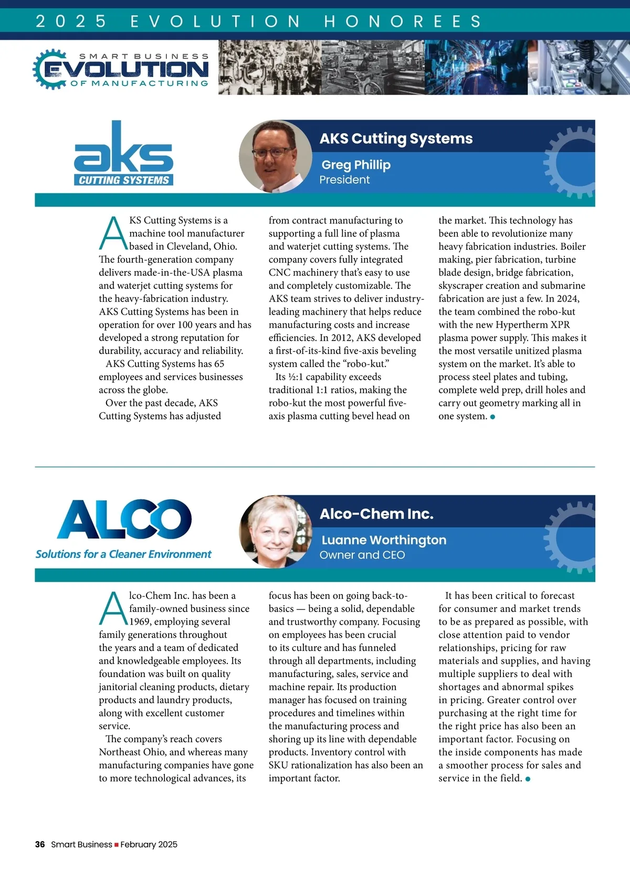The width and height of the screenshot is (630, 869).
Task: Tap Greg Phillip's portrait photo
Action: click(x=275, y=156)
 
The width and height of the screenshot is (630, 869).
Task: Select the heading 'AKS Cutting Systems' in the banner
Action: click(x=396, y=138)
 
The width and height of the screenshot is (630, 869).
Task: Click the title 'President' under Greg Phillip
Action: click(x=344, y=180)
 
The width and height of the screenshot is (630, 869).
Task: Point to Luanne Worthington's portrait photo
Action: click(x=275, y=532)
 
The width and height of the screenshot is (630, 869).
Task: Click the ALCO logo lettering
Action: click(x=124, y=519)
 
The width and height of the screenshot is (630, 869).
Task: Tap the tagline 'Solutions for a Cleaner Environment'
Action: click(x=123, y=554)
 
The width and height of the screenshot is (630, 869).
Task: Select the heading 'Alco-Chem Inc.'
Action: click(x=376, y=514)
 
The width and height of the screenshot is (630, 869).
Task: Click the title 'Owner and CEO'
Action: click(x=362, y=555)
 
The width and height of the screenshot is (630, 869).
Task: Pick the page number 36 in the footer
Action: click(x=40, y=844)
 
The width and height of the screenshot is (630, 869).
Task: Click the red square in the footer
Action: click(x=117, y=845)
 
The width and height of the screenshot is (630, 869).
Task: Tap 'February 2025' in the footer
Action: click(x=149, y=844)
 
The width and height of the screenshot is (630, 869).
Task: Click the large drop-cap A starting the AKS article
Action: click(x=113, y=233)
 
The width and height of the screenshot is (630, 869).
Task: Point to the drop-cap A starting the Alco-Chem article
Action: click(x=113, y=608)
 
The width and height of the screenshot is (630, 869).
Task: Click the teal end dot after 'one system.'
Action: click(x=492, y=417)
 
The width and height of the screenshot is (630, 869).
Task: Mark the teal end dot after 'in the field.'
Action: click(x=528, y=779)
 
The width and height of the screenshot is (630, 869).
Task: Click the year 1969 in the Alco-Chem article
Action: click(x=140, y=621)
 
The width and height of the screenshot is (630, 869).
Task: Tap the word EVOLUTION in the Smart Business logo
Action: click(x=126, y=69)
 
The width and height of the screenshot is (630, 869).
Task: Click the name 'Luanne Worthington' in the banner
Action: click(x=384, y=540)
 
